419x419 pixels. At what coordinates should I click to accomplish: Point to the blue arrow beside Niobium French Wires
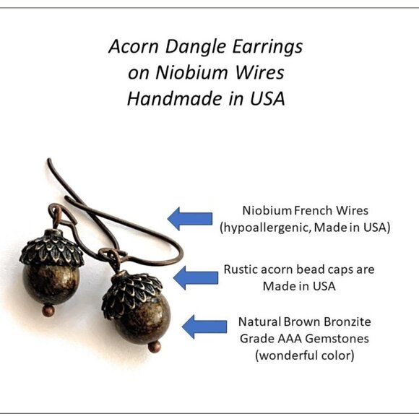189,218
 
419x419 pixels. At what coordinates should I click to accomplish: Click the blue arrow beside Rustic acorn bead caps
194,277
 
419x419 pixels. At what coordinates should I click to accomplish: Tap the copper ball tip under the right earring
152,347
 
